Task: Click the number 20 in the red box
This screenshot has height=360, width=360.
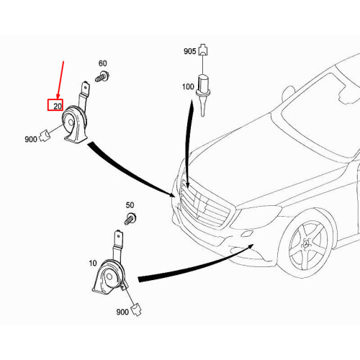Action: [58, 106]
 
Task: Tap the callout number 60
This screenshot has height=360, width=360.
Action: [103, 63]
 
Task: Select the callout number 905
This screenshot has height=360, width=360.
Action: [190, 51]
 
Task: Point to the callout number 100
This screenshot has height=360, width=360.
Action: [188, 86]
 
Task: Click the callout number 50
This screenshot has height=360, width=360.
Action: [130, 205]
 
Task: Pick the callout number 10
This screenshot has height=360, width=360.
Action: [93, 264]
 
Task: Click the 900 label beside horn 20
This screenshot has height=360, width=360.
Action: [31, 139]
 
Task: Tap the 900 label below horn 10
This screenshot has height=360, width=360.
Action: [122, 312]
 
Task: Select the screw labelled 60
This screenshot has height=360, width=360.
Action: [102, 76]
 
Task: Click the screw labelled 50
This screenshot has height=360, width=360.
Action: [130, 219]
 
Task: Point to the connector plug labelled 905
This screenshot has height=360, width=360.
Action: [203, 50]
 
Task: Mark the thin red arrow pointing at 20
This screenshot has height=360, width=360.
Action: [60, 80]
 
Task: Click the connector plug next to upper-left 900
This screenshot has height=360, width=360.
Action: [45, 135]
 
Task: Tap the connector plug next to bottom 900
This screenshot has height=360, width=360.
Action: [136, 310]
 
